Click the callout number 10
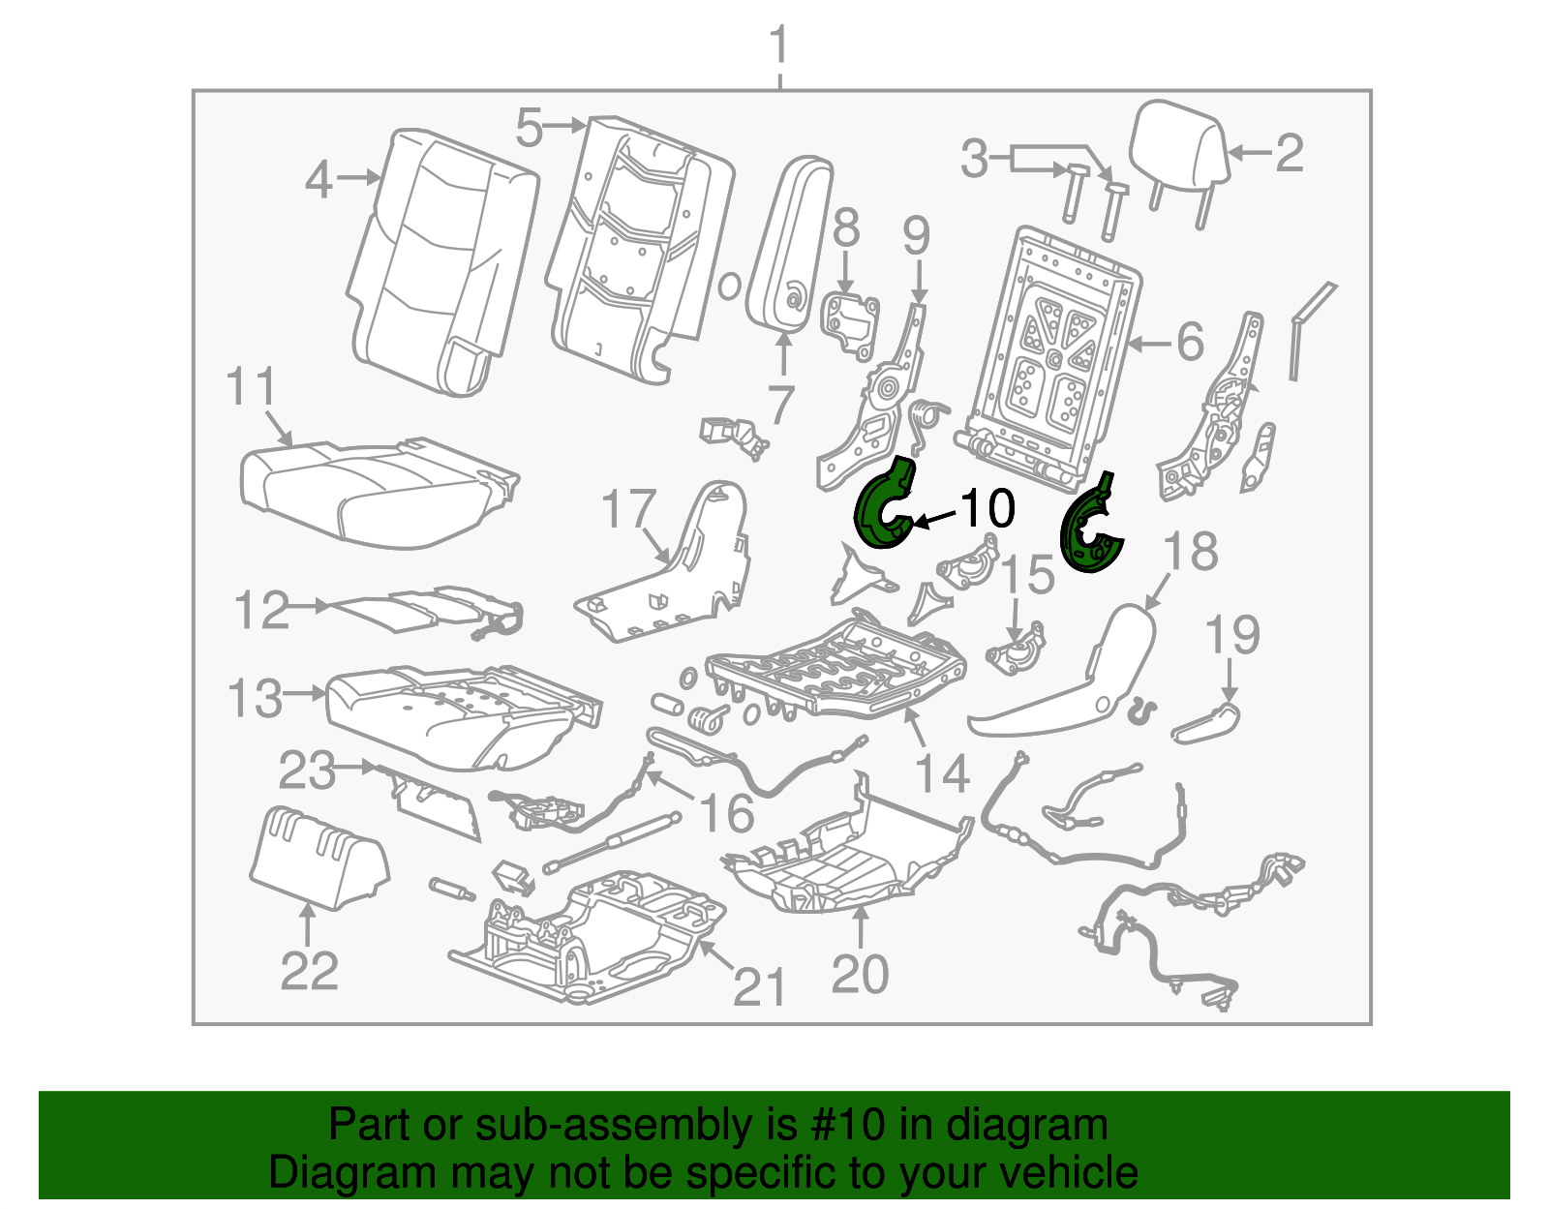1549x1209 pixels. [x=987, y=508]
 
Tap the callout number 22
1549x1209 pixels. [x=309, y=971]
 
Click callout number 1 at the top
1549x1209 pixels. [x=778, y=46]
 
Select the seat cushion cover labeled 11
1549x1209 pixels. [x=378, y=494]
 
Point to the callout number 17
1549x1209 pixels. [x=629, y=509]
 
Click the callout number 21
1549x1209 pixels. [x=759, y=987]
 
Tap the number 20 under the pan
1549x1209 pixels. [x=860, y=974]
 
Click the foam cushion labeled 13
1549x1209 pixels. [x=455, y=716]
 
